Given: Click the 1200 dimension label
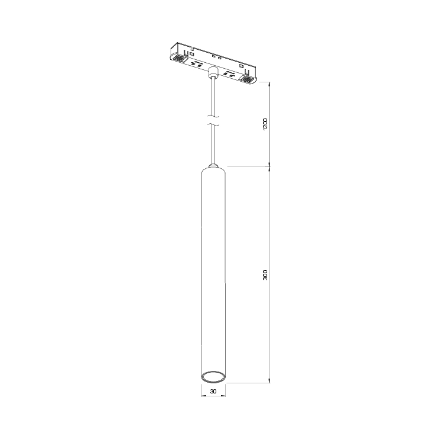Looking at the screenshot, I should pos(266,124).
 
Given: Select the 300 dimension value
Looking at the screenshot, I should pos(266,276).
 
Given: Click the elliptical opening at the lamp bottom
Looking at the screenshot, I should pos(212,376).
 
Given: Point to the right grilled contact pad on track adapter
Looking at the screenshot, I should pos(248,79).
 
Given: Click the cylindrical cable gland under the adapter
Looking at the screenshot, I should pos(213,74).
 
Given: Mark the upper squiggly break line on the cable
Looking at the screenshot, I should pos(213,115).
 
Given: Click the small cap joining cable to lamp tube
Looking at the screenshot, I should pos(213,164).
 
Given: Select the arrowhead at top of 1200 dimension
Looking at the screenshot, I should pos(270,84).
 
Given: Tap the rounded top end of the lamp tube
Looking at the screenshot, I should pos(213,170).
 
